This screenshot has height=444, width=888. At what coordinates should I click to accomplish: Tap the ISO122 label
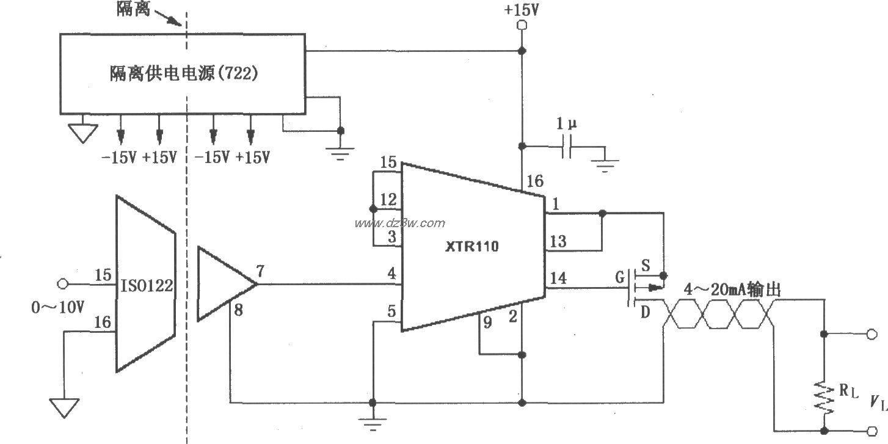[x=146, y=285]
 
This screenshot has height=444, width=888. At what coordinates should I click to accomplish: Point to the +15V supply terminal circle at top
[x=522, y=25]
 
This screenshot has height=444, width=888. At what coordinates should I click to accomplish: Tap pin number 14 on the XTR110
[x=558, y=279]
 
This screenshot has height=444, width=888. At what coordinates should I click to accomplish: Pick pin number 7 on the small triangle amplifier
[x=260, y=272]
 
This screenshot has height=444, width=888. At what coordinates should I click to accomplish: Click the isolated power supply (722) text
[x=183, y=73]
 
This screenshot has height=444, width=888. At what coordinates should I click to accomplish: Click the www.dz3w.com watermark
[x=400, y=223]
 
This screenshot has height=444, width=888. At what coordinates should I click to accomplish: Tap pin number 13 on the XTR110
[x=558, y=241]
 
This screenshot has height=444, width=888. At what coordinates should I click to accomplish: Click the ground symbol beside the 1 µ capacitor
[x=605, y=163]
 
